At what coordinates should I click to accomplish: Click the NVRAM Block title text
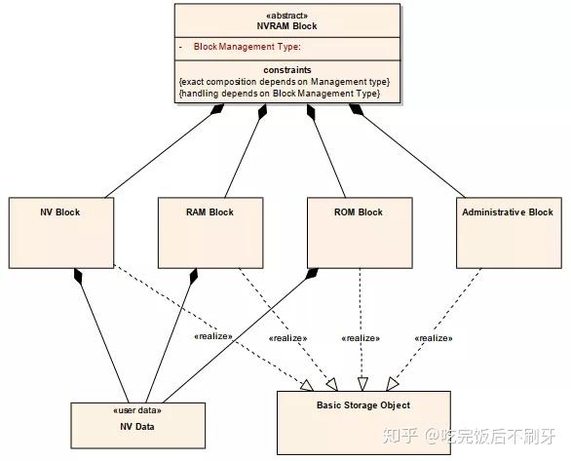pyautogui.click(x=286, y=26)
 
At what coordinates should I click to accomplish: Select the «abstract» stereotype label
pyautogui.click(x=286, y=15)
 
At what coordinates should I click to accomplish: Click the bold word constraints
pyautogui.click(x=286, y=70)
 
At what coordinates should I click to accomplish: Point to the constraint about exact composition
pyautogui.click(x=285, y=82)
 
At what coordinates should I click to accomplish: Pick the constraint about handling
pyautogui.click(x=279, y=94)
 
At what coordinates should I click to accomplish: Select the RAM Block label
pyautogui.click(x=209, y=212)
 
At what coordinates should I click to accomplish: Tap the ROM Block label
pyautogui.click(x=358, y=212)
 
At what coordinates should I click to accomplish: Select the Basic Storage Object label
pyautogui.click(x=363, y=405)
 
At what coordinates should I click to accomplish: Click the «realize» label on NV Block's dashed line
pyautogui.click(x=213, y=336)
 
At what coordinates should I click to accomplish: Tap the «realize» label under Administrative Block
pyautogui.click(x=435, y=338)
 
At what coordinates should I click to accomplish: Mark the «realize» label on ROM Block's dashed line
pyautogui.click(x=361, y=338)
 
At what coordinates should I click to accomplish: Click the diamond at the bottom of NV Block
pyautogui.click(x=76, y=277)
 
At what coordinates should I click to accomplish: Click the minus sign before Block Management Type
pyautogui.click(x=181, y=47)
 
